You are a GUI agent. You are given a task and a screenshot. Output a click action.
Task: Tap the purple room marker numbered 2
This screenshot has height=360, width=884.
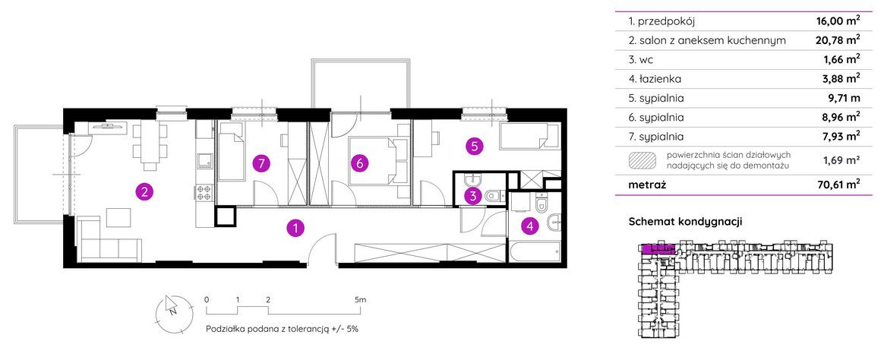click(145, 192)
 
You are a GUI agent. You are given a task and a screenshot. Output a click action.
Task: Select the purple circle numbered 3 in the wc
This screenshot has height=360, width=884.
click(472, 197)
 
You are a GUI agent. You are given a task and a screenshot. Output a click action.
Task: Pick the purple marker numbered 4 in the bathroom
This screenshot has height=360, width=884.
click(529, 226)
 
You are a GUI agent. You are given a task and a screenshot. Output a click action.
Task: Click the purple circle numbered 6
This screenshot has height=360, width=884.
click(359, 164)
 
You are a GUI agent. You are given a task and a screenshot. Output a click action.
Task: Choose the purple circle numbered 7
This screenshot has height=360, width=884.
click(260, 164)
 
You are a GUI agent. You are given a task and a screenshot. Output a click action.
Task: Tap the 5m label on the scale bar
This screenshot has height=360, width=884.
click(361, 299)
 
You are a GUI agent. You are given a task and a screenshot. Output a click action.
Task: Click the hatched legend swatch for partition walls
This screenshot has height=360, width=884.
click(642, 160)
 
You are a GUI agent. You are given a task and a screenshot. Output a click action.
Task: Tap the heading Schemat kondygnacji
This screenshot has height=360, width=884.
click(685, 222)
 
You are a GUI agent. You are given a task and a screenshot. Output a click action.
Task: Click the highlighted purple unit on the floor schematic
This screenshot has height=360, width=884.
click(659, 249)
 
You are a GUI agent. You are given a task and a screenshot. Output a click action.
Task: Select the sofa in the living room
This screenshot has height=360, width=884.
click(109, 240)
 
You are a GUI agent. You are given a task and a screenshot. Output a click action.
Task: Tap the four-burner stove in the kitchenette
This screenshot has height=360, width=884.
click(204, 193)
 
